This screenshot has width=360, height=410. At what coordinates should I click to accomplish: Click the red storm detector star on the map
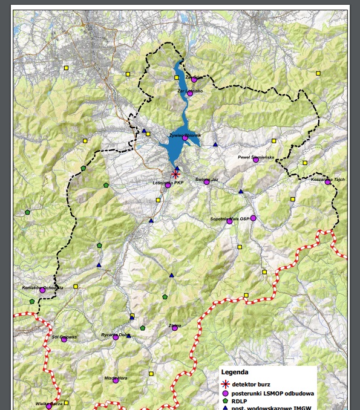pos(175,174)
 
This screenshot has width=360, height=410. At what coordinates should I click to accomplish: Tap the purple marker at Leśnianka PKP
pos(168,185)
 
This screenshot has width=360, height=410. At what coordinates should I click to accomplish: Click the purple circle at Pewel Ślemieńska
pos(256,160)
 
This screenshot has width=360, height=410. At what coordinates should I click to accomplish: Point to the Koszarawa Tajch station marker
pos(328,181)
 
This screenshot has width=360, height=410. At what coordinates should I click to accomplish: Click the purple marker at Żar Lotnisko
pos(189,93)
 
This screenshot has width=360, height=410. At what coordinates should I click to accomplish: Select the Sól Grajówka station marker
pos(64,340)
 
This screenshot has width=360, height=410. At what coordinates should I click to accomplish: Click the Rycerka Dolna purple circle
pos(116,337)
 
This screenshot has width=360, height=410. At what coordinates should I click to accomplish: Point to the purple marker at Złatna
pos(175,328)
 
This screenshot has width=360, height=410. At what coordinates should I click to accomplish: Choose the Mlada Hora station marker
pos(116,380)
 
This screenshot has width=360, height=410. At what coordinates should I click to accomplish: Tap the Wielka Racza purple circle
pos(49,406)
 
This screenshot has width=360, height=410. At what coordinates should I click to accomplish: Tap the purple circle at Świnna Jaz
pos(207,182)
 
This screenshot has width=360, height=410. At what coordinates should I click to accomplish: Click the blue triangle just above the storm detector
pos(177,169)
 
